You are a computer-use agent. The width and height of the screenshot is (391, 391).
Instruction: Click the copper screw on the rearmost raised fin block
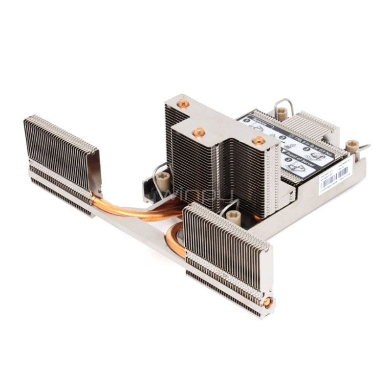pos(183,104)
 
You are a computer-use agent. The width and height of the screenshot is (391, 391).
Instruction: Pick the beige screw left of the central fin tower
pos(163,179)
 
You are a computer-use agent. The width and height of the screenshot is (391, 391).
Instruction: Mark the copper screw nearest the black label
pos(259,140)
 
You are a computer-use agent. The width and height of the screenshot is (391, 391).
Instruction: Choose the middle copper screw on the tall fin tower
pos(199,132)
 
